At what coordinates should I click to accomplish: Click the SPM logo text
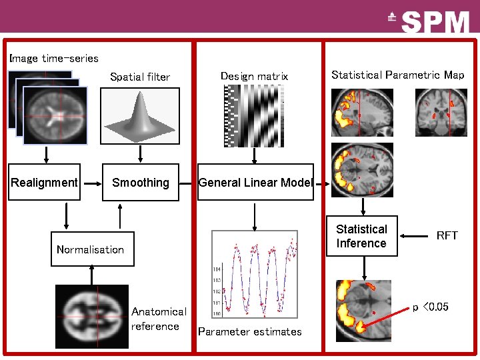tap(436, 23)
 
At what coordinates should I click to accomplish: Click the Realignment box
tap(45, 183)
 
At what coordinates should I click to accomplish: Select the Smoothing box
tap(141, 183)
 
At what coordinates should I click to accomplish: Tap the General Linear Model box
tap(255, 183)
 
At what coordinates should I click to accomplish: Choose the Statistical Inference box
tap(361, 236)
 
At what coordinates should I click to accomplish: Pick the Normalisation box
tap(92, 249)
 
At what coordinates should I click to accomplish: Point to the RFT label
tap(447, 235)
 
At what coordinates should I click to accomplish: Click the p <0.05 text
tap(431, 307)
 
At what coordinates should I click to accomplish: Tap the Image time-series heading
tap(54, 59)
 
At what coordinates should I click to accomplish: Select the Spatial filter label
tap(140, 77)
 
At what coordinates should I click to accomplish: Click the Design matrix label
tap(254, 77)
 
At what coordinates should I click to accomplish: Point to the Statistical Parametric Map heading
tap(397, 75)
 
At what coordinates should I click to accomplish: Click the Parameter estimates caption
tap(250, 331)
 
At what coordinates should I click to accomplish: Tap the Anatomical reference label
tap(159, 319)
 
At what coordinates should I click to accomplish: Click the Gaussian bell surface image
tap(140, 116)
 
